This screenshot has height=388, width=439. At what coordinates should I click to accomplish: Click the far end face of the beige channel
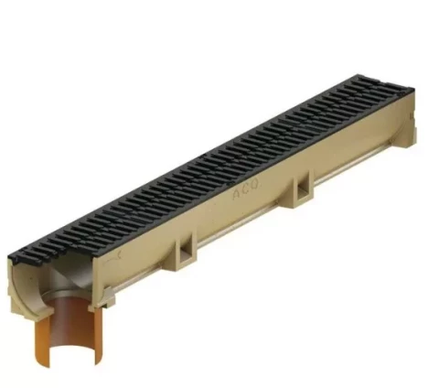pos(410,128)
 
